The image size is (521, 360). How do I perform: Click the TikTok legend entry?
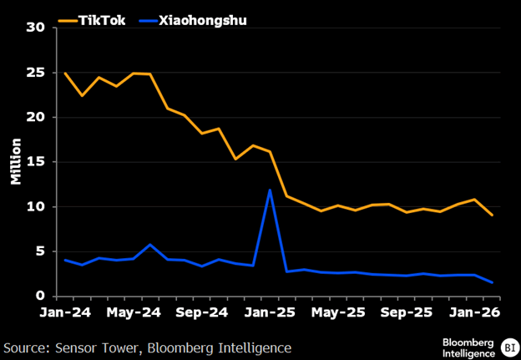point(92,21)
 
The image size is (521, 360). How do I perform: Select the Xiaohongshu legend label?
point(203,21)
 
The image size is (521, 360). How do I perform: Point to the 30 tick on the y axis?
point(36,28)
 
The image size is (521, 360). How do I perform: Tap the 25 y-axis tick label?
point(36,73)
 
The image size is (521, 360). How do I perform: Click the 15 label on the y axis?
point(36,162)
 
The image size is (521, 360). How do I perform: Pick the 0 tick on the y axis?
point(40,297)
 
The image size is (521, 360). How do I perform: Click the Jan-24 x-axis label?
point(65,312)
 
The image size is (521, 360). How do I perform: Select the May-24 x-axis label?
point(134,312)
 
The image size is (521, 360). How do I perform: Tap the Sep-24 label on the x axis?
point(202,312)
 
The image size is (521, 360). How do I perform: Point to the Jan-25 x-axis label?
point(270,312)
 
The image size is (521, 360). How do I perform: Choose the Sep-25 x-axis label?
point(407,312)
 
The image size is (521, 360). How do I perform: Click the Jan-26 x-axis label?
point(474,312)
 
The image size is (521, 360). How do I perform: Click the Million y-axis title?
point(16,161)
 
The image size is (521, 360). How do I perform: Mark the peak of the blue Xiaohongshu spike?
point(270,190)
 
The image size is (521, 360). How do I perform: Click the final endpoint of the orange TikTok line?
point(492,215)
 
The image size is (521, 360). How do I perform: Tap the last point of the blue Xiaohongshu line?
point(492,282)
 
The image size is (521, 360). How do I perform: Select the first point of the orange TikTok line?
point(65,74)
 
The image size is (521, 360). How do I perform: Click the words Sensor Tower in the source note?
point(96,348)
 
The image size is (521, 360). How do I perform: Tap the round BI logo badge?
point(509,347)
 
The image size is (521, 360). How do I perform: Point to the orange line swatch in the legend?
point(68,21)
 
